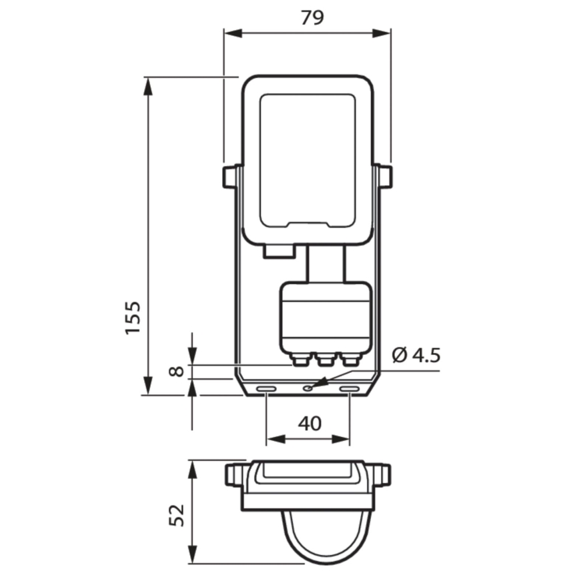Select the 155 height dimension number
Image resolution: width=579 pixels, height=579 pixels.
(133, 318)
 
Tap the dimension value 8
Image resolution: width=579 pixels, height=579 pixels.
(175, 370)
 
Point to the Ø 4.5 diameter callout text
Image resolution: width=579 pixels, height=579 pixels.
(416, 355)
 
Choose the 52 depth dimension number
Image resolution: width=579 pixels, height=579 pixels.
(175, 515)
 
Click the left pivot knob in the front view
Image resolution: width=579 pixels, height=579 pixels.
(230, 177)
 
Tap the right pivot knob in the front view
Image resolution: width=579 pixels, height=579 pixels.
(384, 177)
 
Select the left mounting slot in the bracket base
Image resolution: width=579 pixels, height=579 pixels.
(267, 388)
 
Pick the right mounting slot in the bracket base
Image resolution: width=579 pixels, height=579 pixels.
(350, 388)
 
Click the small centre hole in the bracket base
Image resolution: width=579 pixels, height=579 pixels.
(308, 388)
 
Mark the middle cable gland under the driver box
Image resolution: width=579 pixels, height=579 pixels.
(325, 360)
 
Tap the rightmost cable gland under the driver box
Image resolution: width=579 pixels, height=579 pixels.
(349, 360)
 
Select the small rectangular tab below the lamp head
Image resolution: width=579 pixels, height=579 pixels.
(279, 251)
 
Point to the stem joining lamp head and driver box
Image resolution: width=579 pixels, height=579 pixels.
(326, 264)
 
